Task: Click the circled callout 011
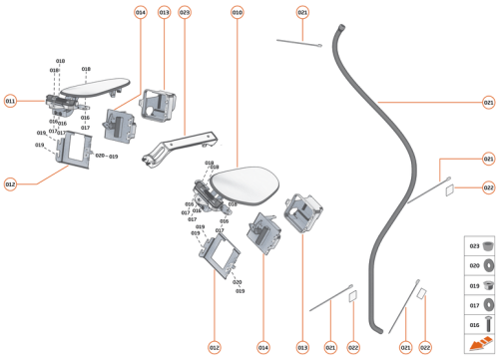pos(10,101)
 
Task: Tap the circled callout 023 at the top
pos(185,12)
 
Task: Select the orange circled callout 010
pos(237,12)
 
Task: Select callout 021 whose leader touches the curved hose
pos(488,102)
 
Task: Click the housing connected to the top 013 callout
pos(160,102)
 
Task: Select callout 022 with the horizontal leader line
pos(488,187)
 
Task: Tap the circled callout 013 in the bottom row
pos(302,347)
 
